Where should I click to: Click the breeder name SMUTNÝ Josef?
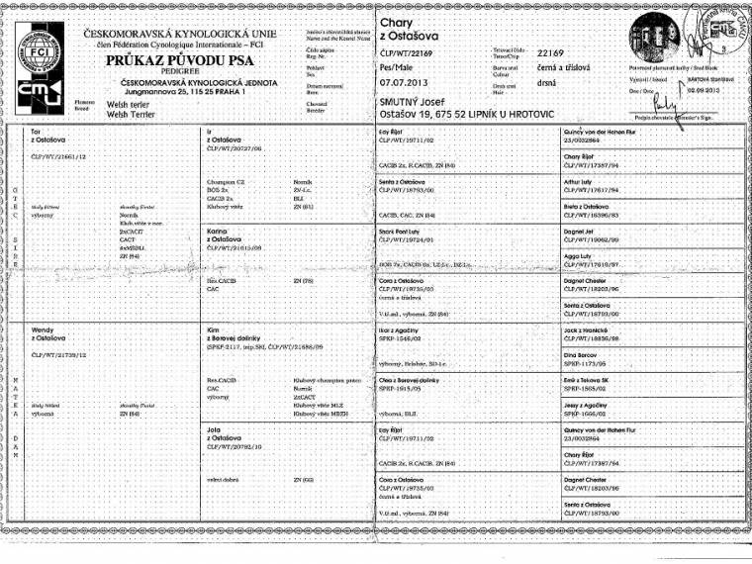coord(416,103)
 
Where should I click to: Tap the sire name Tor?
coord(36,132)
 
